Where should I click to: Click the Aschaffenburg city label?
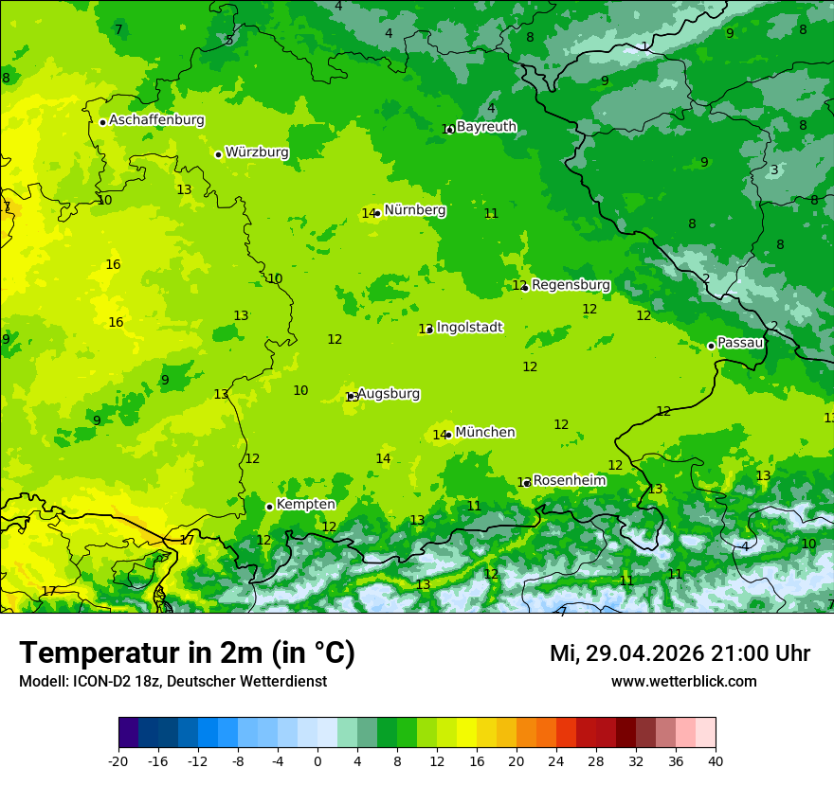click(x=156, y=120)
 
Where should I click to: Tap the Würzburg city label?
click(x=257, y=152)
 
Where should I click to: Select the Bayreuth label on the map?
click(x=486, y=126)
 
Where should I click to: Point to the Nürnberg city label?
click(x=415, y=210)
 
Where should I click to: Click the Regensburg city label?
click(x=571, y=284)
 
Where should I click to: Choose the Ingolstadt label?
click(x=469, y=327)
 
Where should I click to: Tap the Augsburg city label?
click(x=389, y=393)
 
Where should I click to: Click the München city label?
click(x=485, y=432)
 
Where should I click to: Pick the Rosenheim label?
click(x=570, y=480)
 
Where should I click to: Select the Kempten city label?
click(x=305, y=504)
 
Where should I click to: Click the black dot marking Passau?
click(x=711, y=346)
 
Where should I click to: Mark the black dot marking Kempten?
click(x=269, y=507)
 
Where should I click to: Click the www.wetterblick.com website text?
click(x=683, y=681)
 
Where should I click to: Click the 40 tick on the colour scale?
click(x=716, y=760)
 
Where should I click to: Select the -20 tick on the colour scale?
click(x=118, y=760)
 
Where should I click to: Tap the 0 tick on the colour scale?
click(x=317, y=760)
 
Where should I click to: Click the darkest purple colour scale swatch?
click(x=128, y=733)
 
